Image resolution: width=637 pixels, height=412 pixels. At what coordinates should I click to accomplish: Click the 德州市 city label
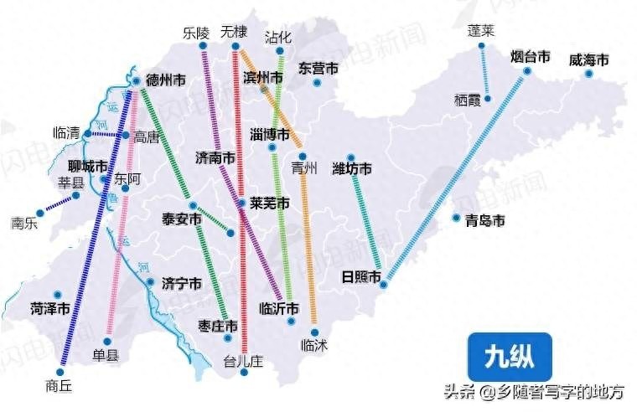[166, 81]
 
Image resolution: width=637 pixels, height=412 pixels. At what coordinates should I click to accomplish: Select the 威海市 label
[588, 60]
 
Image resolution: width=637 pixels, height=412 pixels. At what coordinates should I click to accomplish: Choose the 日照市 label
[361, 277]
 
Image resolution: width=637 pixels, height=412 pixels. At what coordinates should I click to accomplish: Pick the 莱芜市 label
[270, 203]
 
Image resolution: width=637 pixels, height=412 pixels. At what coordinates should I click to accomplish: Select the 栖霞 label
[468, 99]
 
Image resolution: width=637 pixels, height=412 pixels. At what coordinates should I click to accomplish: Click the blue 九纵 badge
[509, 356]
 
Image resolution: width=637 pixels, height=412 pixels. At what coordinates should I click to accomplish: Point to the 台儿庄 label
[243, 362]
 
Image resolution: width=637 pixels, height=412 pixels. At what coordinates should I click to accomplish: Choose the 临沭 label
[313, 344]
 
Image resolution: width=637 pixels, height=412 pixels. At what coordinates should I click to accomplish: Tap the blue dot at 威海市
[589, 75]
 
